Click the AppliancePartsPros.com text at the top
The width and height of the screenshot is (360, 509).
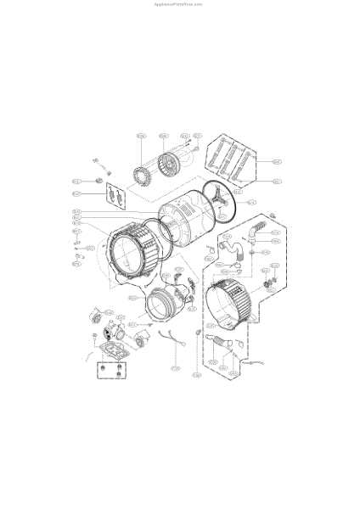tap(179, 3)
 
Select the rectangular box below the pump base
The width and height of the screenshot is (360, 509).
tap(110, 371)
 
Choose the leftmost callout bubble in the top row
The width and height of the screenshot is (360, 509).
tap(141, 136)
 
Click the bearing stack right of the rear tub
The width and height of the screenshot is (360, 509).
tap(272, 283)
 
